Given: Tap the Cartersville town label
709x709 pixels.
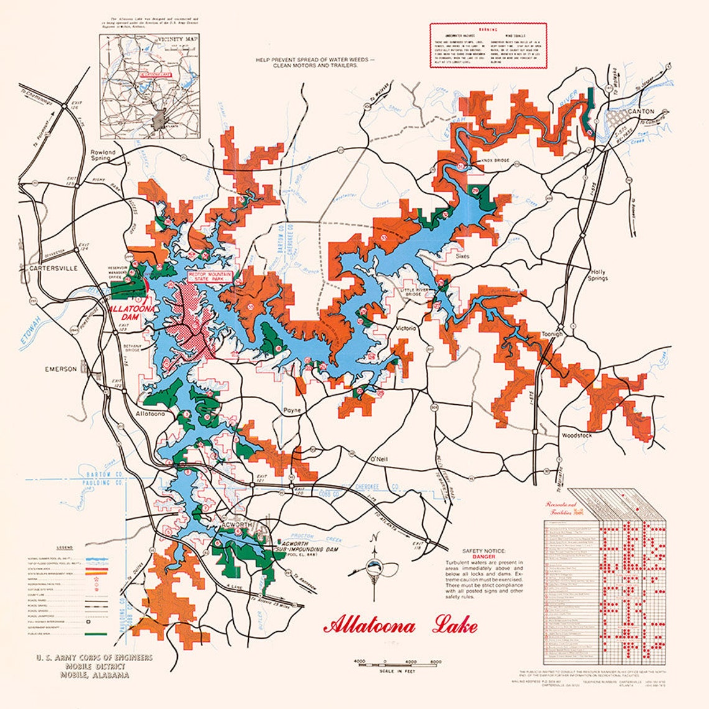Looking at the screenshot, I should coord(52,269).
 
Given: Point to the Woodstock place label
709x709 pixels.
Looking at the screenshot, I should coord(577,435).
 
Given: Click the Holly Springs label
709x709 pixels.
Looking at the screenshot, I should coord(598,276).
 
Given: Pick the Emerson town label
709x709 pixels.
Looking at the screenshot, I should coord(60,369).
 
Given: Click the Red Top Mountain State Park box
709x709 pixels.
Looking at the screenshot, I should coord(210,277).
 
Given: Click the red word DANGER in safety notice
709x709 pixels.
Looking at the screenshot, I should coord(483,557).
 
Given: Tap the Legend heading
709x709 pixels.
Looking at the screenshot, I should coord(65,548).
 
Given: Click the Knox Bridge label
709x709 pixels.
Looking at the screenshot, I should coord(495,160).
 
